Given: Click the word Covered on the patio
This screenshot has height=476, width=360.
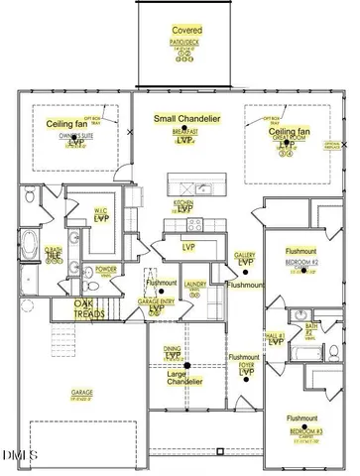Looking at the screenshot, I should click(x=186, y=32).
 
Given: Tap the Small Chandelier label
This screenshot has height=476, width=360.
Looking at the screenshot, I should click(x=186, y=119).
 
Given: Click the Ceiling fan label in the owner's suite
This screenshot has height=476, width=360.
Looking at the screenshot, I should click(x=68, y=124).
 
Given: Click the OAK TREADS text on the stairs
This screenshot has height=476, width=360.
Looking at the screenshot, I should click(x=89, y=309).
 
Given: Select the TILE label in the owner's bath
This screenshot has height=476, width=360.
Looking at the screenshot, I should click(x=54, y=256).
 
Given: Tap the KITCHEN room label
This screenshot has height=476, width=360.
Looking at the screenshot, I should click(x=183, y=201).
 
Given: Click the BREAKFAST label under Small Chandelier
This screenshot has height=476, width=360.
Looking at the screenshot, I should click(x=184, y=131).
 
